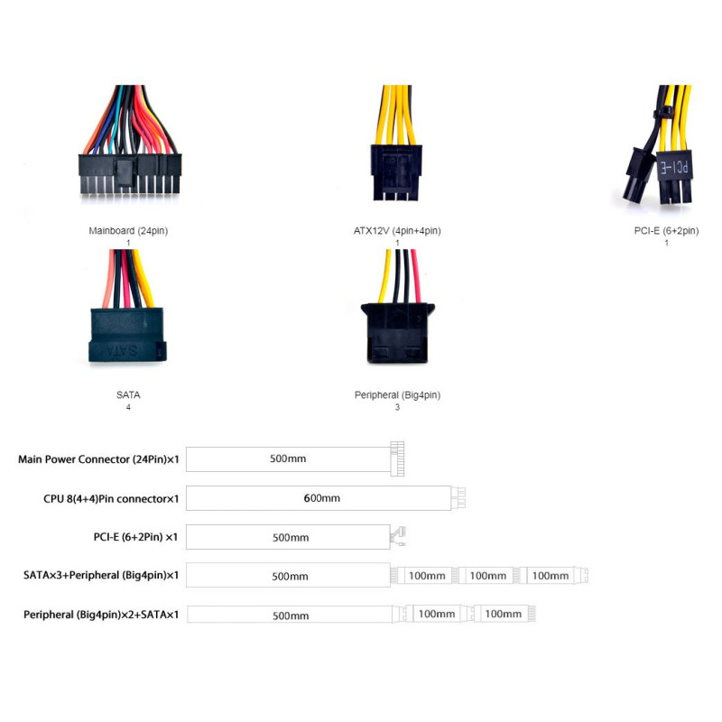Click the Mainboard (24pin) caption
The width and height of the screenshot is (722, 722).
tap(128, 231)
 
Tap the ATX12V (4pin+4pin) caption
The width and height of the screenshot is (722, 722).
tap(397, 231)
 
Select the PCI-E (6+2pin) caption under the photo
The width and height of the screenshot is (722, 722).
tap(666, 231)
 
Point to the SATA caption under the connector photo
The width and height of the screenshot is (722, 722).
tap(128, 395)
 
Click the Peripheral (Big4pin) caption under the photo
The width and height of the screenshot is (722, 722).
tap(397, 395)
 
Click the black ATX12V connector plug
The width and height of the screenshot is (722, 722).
tap(396, 172)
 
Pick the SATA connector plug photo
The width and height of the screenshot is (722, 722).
tap(127, 335)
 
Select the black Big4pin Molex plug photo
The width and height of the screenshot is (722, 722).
tap(397, 333)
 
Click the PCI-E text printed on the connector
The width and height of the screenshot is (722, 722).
tap(674, 167)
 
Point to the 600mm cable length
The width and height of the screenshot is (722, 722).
tap(321, 498)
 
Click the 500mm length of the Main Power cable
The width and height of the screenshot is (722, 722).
tap(288, 458)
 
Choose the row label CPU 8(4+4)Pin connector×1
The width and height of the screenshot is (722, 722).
tap(111, 499)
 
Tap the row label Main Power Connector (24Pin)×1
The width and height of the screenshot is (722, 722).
tap(98, 459)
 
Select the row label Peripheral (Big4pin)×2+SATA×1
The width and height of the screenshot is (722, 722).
tap(101, 615)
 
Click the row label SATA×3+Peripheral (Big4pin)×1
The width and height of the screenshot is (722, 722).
tap(101, 576)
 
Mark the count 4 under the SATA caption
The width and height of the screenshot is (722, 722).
tap(128, 407)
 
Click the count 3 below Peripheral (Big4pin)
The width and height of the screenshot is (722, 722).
tap(397, 407)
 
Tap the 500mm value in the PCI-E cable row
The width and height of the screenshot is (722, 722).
tap(291, 537)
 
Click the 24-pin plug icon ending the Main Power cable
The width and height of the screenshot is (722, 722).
tap(397, 458)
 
